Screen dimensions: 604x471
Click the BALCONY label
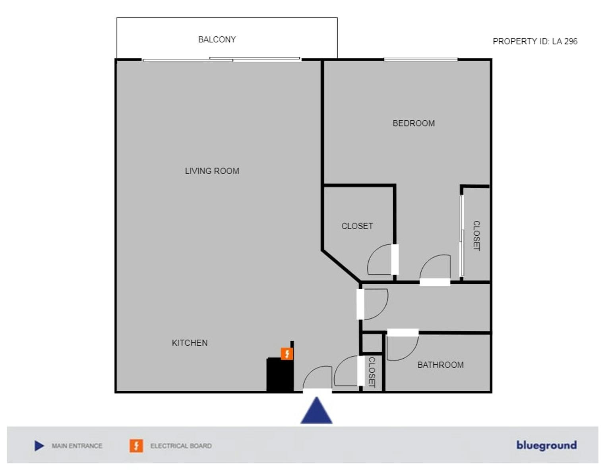pos(217,40)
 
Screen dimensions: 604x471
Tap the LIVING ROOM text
pos(212,171)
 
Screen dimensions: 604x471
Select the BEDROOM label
pos(414,123)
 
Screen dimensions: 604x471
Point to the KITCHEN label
pos(190,343)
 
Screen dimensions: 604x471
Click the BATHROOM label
pos(441,365)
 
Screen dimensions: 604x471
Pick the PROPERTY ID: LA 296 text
pos(535,41)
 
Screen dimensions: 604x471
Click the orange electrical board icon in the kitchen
pos(287,354)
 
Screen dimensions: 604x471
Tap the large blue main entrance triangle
pos(316,411)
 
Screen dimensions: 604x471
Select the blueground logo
pos(546,445)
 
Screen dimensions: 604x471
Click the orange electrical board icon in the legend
pos(136,446)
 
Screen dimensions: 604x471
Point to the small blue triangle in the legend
pos(39,446)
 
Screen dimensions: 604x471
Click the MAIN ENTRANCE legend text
pos(77,446)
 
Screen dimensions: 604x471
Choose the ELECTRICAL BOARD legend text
pos(181,446)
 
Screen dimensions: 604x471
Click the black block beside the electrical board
pos(280,375)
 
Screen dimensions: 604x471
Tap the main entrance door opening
pos(317,391)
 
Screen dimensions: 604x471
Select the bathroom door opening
pos(403,333)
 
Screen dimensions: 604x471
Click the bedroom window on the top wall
pos(421,60)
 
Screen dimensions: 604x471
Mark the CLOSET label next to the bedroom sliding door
pos(476,236)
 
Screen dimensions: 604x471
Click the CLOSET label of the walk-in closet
pos(357,226)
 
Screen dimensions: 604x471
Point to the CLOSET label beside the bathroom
pos(372,372)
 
